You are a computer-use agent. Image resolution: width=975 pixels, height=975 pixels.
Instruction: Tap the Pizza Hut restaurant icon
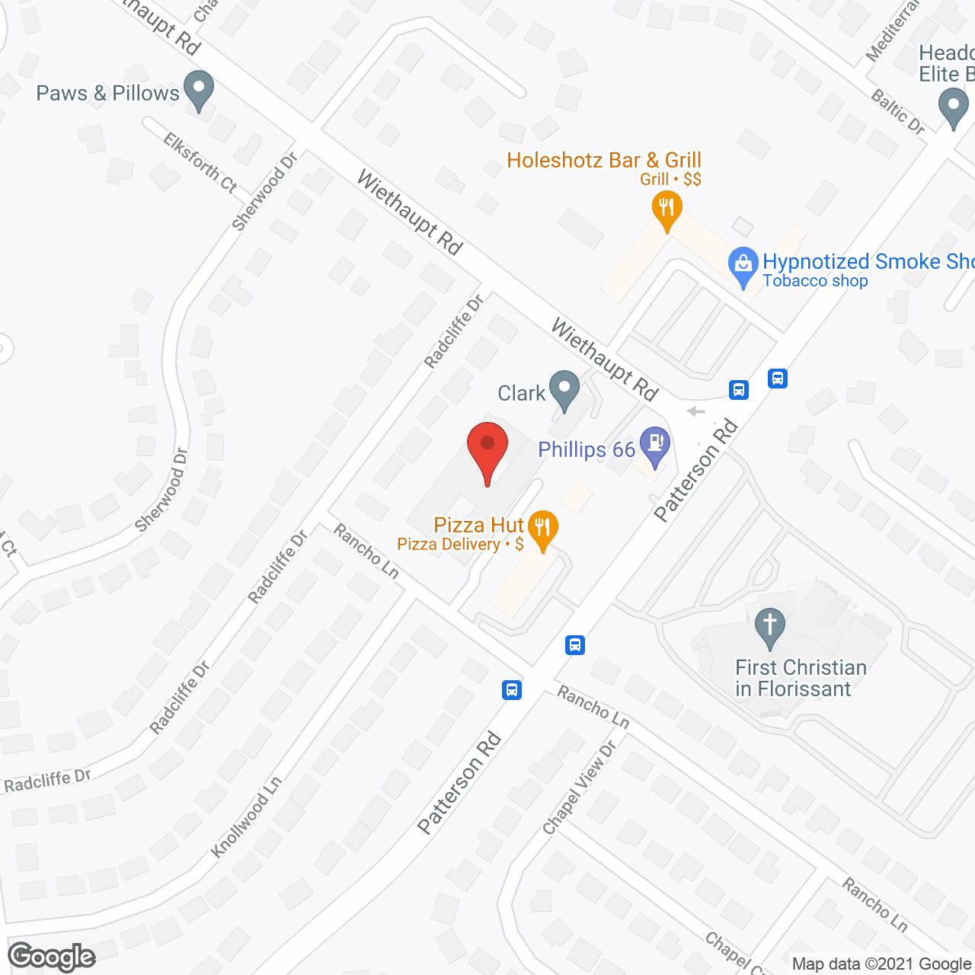click(x=543, y=529)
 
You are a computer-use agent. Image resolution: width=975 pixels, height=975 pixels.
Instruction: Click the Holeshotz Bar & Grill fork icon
click(x=667, y=209)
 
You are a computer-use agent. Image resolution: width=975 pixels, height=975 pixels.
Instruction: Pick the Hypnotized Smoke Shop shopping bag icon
click(x=743, y=266)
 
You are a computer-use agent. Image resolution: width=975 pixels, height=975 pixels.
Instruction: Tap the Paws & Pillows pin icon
click(x=199, y=90)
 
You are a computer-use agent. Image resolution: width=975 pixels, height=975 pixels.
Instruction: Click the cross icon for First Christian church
click(x=770, y=627)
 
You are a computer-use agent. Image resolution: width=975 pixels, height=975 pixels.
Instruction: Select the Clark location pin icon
click(x=564, y=388)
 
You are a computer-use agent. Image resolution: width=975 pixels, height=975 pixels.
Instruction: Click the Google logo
click(x=52, y=957)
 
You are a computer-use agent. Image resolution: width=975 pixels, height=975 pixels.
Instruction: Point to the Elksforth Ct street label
click(x=200, y=162)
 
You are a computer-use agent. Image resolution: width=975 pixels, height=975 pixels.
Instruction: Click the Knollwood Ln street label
click(x=246, y=817)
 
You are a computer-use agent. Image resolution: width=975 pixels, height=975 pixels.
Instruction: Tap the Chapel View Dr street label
click(x=579, y=788)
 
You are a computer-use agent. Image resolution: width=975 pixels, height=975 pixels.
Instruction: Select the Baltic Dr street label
click(x=898, y=112)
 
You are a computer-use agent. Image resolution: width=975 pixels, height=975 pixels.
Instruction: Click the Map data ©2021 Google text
click(x=882, y=964)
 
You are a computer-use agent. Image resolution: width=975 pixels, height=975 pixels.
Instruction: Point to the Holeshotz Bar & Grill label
click(x=603, y=161)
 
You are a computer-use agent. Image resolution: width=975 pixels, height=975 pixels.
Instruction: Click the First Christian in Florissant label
click(x=801, y=678)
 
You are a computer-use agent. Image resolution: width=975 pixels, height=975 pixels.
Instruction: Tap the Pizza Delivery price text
click(x=460, y=545)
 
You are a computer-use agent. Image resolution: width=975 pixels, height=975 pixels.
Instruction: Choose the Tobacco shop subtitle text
click(x=815, y=281)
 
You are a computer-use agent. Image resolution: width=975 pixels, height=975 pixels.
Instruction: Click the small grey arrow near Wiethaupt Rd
click(x=695, y=412)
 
